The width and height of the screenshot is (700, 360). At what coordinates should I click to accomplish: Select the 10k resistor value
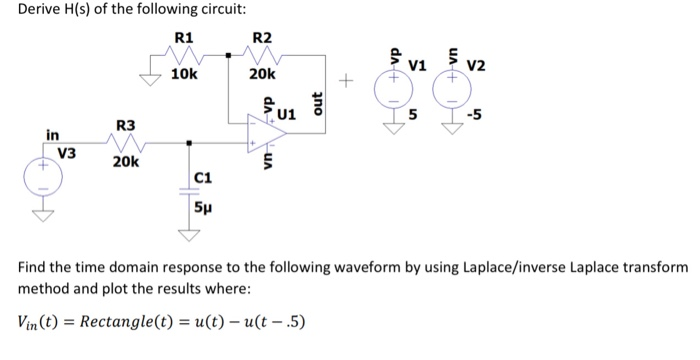click(x=185, y=74)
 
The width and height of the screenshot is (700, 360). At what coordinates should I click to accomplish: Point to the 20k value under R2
click(x=262, y=74)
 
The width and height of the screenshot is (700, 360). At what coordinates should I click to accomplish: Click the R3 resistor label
click(x=125, y=125)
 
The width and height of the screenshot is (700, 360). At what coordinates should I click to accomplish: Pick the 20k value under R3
click(x=127, y=161)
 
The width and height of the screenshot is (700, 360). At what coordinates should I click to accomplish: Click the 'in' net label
click(x=51, y=134)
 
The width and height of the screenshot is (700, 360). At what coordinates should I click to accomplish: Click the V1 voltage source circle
click(x=393, y=90)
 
